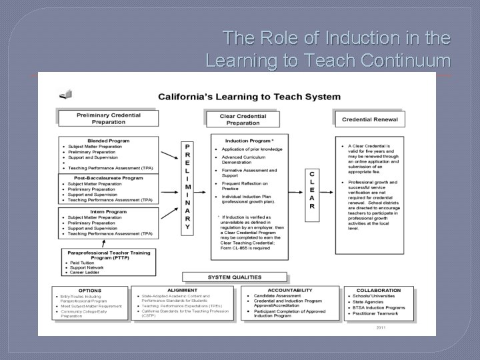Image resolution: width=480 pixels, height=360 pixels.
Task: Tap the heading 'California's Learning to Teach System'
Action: click(x=249, y=97)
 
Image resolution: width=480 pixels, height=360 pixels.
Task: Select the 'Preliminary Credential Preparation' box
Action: click(x=109, y=118)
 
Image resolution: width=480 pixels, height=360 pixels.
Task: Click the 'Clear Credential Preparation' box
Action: click(x=243, y=119)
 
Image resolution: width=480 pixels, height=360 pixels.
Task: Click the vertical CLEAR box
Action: click(x=311, y=189)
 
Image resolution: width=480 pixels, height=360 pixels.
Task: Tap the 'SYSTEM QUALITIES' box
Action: click(x=235, y=277)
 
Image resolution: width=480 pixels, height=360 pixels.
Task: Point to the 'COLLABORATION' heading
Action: click(x=379, y=290)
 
